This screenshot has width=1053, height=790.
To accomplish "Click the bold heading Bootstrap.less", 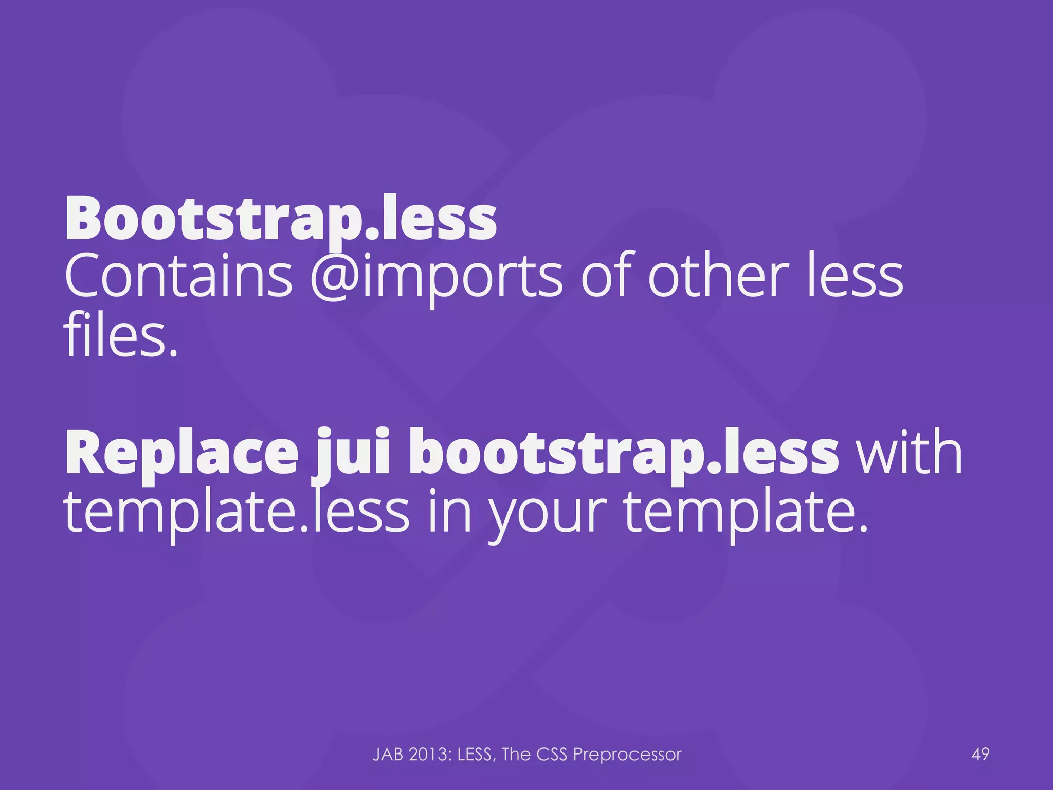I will pyautogui.click(x=281, y=219).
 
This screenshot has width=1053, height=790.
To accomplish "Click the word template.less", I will pyautogui.click(x=237, y=512).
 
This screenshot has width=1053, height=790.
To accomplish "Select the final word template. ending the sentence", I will pyautogui.click(x=746, y=512).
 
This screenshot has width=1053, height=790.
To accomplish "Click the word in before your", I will pyautogui.click(x=449, y=512).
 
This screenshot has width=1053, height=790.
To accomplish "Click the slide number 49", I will pyautogui.click(x=981, y=755).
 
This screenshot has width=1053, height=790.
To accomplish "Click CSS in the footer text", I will pyautogui.click(x=551, y=755).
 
